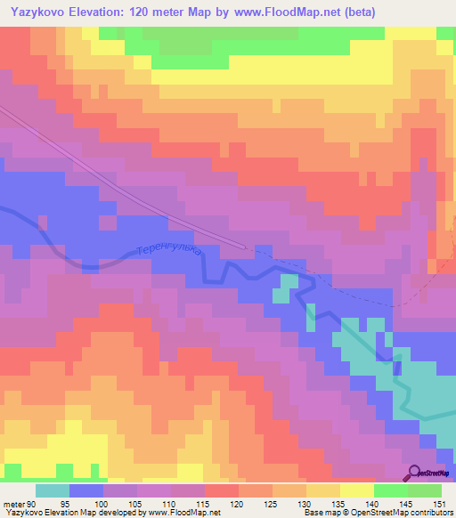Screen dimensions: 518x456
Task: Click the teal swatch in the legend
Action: (52, 490)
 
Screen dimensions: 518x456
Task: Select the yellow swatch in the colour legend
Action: (356, 490)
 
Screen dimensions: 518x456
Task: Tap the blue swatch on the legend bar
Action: (85, 490)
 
